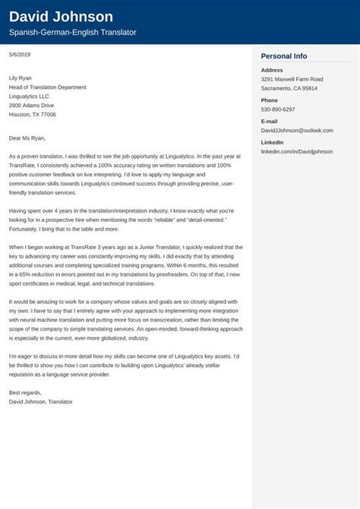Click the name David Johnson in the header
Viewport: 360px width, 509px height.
coord(61,16)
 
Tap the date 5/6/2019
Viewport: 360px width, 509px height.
coord(20,55)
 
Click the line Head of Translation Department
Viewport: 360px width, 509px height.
coord(47,87)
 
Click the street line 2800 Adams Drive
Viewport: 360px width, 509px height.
coord(31,106)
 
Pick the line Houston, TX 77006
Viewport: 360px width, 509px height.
coord(33,115)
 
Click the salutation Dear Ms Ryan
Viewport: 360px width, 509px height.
coord(27,138)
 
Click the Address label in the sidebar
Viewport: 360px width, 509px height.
coord(273,71)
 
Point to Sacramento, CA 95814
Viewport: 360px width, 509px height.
coord(289,88)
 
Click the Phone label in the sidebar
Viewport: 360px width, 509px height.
coord(270,100)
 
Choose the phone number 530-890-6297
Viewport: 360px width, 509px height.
coord(278,109)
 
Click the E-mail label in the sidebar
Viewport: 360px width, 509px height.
coord(270,122)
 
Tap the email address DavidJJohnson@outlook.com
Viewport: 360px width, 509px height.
coord(297,131)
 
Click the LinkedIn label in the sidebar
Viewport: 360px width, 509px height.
coord(273,143)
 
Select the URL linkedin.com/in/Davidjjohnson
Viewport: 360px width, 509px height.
coord(297,152)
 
